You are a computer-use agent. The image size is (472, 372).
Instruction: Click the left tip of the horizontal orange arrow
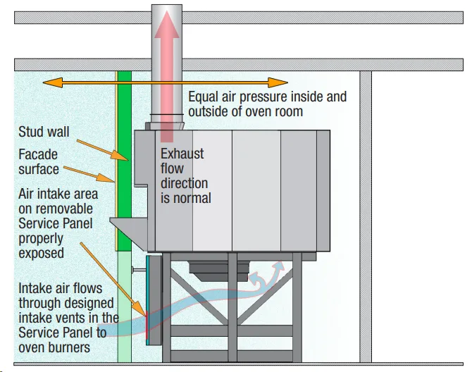(x=43, y=82)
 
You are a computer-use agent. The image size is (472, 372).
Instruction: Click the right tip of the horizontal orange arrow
(x=287, y=82)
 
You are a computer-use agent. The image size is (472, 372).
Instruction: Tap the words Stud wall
(x=44, y=132)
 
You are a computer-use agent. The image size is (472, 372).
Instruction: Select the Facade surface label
(x=39, y=161)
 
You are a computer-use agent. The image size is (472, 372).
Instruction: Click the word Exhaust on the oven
(x=182, y=154)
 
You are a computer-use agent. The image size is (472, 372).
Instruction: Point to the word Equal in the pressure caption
(x=203, y=97)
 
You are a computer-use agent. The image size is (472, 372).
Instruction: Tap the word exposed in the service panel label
(x=41, y=253)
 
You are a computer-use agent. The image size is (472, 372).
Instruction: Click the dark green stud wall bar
(x=124, y=161)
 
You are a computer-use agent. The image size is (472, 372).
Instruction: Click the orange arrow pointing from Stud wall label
(x=103, y=150)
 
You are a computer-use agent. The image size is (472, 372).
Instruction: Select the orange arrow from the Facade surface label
(x=89, y=174)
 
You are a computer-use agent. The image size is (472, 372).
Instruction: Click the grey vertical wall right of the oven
(x=366, y=217)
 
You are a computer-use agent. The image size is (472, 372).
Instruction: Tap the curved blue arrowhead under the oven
(x=280, y=265)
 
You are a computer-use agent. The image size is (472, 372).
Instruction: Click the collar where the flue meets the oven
(x=165, y=126)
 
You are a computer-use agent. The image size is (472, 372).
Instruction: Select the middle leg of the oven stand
(x=232, y=307)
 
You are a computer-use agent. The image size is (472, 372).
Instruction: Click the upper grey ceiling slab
(x=239, y=18)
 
